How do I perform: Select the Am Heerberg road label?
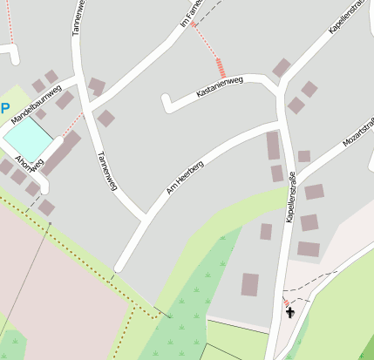point(184,180)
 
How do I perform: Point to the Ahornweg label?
point(29,164)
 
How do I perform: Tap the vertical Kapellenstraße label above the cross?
point(289,198)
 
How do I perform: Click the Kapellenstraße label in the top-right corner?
point(345,18)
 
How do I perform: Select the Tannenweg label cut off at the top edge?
point(78,16)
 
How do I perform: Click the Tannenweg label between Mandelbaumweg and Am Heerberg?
point(106,171)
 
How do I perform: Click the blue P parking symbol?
point(5,109)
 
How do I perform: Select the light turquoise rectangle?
point(27,139)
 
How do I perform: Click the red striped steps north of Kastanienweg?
point(221,67)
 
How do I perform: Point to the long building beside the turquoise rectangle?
point(60,153)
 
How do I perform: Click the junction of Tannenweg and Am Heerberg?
point(143,215)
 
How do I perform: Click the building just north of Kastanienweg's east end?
point(281,67)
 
